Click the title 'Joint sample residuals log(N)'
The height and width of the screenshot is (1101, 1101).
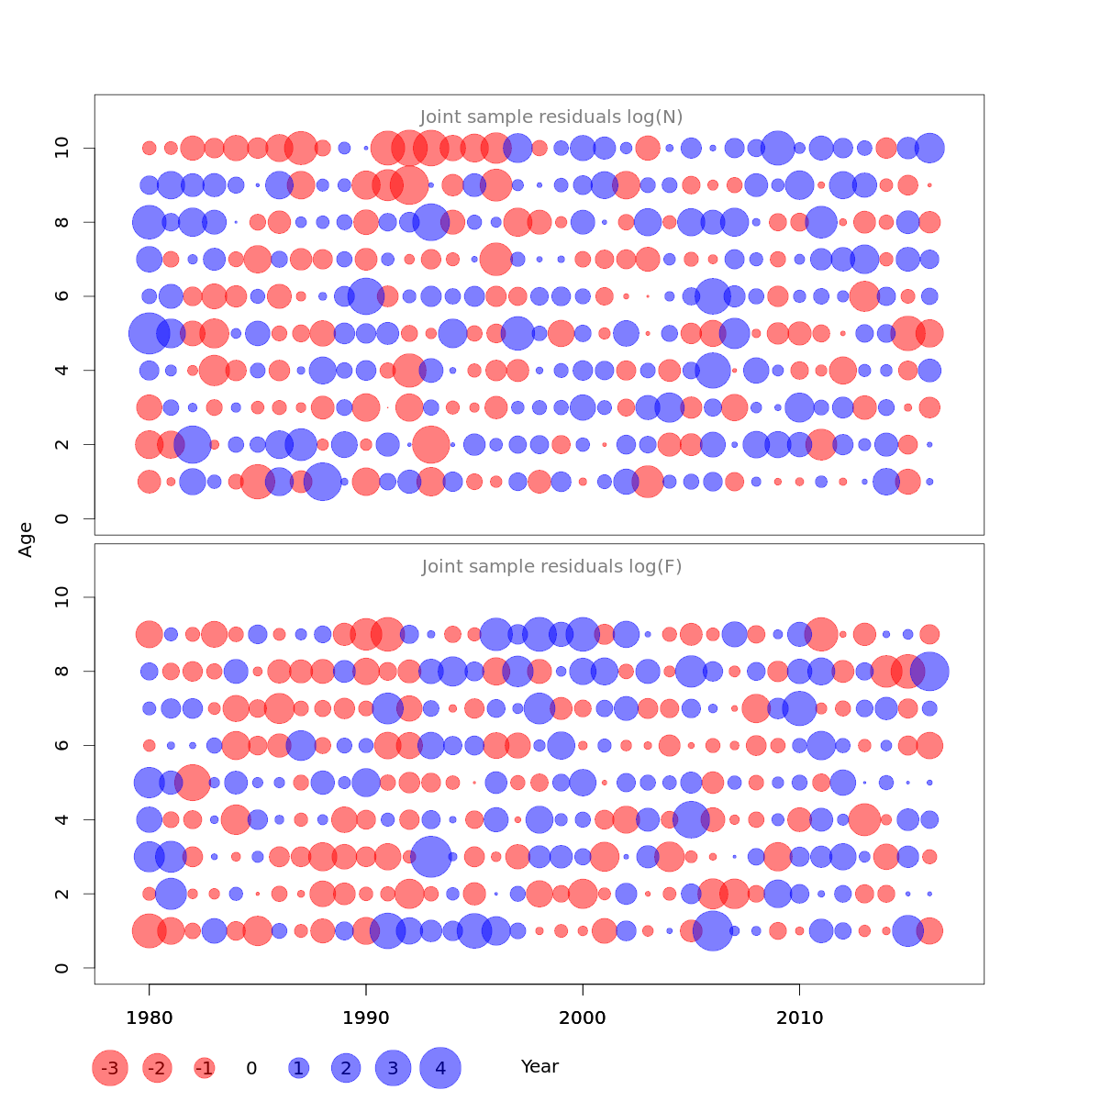click(x=551, y=117)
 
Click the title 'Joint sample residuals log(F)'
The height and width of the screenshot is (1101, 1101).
click(x=551, y=567)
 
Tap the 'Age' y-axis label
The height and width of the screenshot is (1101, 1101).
click(x=27, y=539)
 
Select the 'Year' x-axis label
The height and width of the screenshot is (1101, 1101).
click(x=539, y=1067)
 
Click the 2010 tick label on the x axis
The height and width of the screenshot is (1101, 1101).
click(x=799, y=1018)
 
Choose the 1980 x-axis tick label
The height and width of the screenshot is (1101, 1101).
click(x=150, y=1018)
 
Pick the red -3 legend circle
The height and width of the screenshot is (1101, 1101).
click(x=110, y=1068)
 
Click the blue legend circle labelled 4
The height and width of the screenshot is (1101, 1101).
click(x=440, y=1068)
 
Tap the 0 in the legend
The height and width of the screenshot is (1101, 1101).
click(x=251, y=1069)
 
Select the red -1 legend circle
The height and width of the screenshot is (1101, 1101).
click(x=205, y=1068)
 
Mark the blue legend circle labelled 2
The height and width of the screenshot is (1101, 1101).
click(x=346, y=1068)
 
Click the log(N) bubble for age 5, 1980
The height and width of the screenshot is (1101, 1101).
click(x=149, y=333)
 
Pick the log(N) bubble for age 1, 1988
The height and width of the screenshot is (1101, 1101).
click(x=322, y=482)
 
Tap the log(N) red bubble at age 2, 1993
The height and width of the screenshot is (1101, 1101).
click(x=430, y=445)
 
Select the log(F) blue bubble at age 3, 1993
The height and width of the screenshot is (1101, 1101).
click(x=430, y=857)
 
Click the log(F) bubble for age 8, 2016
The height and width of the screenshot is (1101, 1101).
click(x=929, y=672)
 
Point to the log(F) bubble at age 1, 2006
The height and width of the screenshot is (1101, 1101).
click(x=713, y=931)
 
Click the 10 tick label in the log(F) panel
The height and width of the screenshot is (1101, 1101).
click(x=62, y=598)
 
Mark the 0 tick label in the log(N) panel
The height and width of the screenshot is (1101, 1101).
click(x=62, y=519)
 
